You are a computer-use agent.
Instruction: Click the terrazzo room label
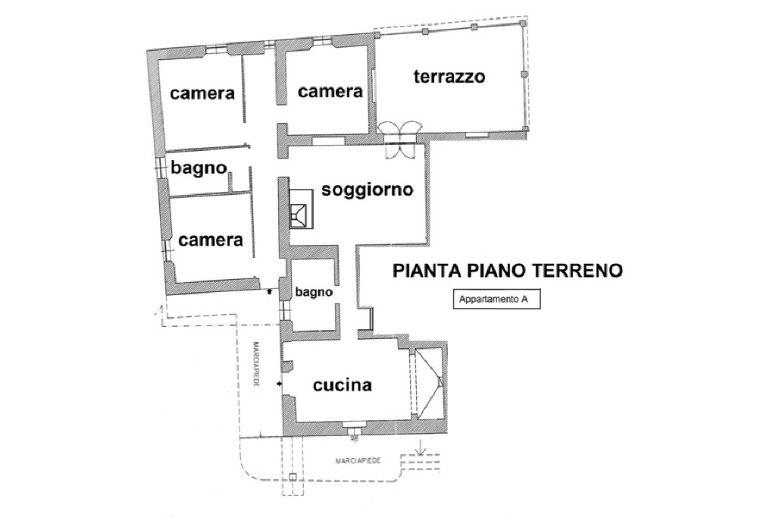pos(449,77)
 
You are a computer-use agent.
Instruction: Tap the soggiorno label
pos(368,190)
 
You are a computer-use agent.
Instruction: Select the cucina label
pos(343,385)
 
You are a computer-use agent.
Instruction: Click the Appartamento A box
pos(496,299)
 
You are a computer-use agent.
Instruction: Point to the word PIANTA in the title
pos(426,271)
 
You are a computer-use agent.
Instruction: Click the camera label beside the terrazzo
pos(330,92)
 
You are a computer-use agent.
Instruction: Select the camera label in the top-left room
pos(202,93)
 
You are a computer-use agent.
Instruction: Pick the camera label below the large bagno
pos(211,240)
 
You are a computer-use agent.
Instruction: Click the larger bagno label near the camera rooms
pos(199,168)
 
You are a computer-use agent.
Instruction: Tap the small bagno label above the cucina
pos(314,292)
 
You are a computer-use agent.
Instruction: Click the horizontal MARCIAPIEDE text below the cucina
pos(358,460)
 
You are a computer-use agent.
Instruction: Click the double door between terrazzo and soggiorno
pos(400,140)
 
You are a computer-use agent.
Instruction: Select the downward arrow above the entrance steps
pos(421,447)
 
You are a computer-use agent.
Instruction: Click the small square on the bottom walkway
pos(293,477)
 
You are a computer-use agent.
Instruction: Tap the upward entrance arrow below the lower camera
pos(270,292)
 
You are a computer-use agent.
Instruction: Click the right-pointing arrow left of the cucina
pos(280,384)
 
